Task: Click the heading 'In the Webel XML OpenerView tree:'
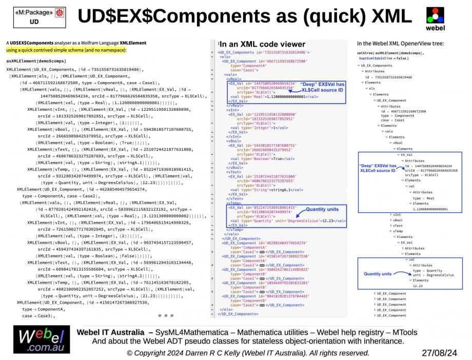pos(400,44)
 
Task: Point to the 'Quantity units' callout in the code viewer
pos(322,209)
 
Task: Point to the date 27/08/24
pos(439,353)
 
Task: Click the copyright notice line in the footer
pos(248,353)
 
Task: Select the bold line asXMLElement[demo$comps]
pos(35,61)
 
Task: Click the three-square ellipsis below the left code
pos(166,315)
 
